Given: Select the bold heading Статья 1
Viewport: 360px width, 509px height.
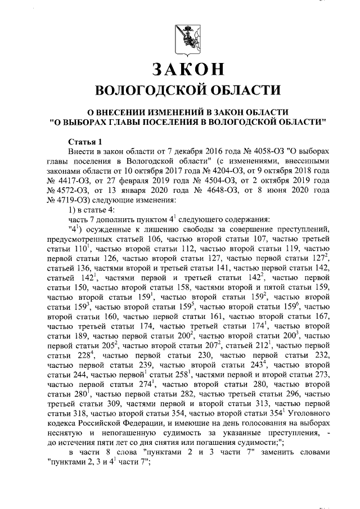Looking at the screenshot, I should coord(85,141).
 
